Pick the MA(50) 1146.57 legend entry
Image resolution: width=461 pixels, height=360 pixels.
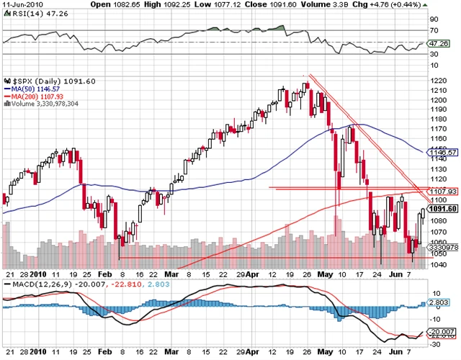tap(32, 89)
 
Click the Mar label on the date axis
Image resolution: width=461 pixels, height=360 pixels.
tap(170, 274)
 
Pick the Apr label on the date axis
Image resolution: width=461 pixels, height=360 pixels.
tap(255, 274)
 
